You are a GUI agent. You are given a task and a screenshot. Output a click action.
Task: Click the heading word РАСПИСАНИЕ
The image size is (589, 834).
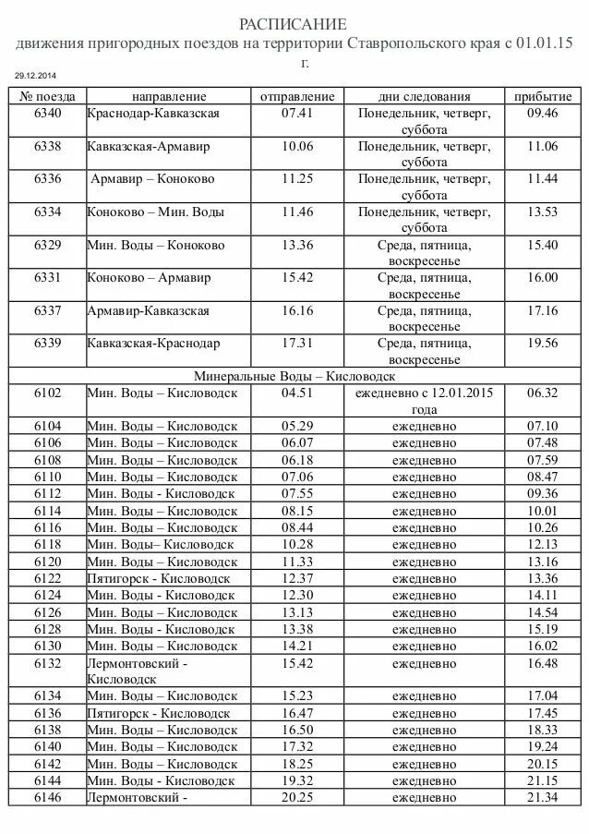pos(293,23)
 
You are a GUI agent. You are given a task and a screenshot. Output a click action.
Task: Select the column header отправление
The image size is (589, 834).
pos(297,96)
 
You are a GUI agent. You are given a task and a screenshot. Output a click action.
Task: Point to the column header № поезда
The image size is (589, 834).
pos(48,96)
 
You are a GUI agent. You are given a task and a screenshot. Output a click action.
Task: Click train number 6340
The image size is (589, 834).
pos(48,113)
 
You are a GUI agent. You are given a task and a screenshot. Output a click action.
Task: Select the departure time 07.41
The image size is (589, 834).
pos(297,113)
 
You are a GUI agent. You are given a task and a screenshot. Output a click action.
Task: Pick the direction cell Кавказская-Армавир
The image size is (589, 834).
pos(149,146)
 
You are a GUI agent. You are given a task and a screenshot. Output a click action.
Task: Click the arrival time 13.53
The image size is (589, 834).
pos(543,212)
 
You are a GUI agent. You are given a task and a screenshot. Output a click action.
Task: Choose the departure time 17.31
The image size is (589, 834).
pos(297,343)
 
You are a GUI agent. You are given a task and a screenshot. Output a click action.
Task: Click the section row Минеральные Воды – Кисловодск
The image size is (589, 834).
pos(294,376)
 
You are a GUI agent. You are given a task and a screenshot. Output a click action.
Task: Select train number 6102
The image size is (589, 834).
pos(48,393)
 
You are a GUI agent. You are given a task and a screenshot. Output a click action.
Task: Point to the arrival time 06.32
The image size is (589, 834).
pos(543,393)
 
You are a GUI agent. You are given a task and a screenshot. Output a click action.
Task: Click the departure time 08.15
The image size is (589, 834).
pos(297,510)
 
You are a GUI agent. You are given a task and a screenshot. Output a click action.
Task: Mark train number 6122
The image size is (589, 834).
pos(48,578)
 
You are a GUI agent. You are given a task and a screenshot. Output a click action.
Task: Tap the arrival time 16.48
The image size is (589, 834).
pos(543,662)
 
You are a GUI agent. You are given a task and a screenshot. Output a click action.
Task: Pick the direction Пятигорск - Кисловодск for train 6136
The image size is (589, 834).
pos(158,712)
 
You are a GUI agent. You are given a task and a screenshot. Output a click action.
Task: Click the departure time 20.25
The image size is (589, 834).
pos(297,796)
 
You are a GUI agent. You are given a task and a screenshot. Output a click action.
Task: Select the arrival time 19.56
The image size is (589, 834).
pos(543,343)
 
